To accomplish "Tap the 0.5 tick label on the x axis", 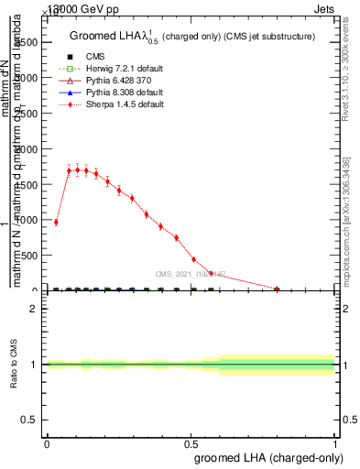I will [x=191, y=443].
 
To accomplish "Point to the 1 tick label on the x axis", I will [x=334, y=443].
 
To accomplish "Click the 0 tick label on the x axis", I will [x=47, y=443].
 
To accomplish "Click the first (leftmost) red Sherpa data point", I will [x=56, y=223].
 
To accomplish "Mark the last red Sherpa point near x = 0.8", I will [x=277, y=289].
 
